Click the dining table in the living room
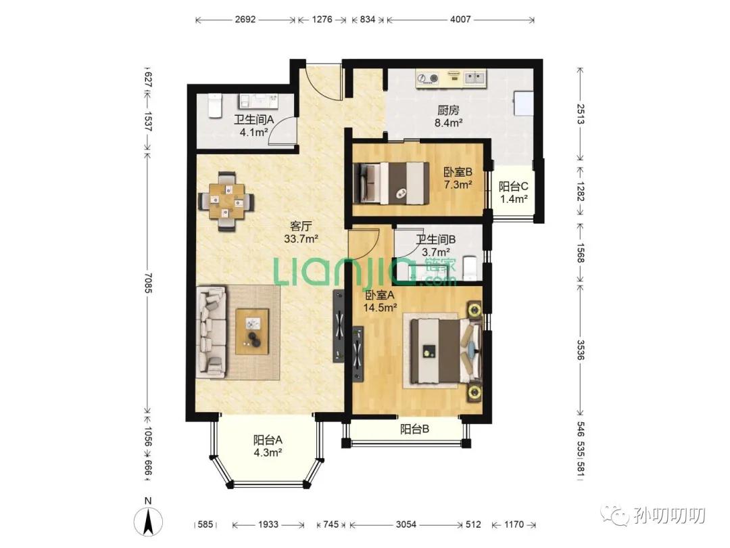[x=226, y=202]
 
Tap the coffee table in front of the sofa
[x=252, y=332]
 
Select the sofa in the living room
[x=212, y=332]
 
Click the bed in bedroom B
[x=391, y=183]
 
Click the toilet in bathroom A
[x=214, y=106]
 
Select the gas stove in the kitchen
[x=428, y=78]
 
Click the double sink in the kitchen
[x=475, y=78]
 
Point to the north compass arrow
[x=149, y=521]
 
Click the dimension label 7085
[x=148, y=283]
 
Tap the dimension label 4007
[x=460, y=20]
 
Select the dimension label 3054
[x=406, y=525]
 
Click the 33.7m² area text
[x=301, y=239]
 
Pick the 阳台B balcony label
[x=414, y=429]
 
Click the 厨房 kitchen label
[x=448, y=110]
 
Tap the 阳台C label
[x=514, y=187]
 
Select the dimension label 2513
[x=580, y=114]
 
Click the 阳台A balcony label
[x=268, y=440]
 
